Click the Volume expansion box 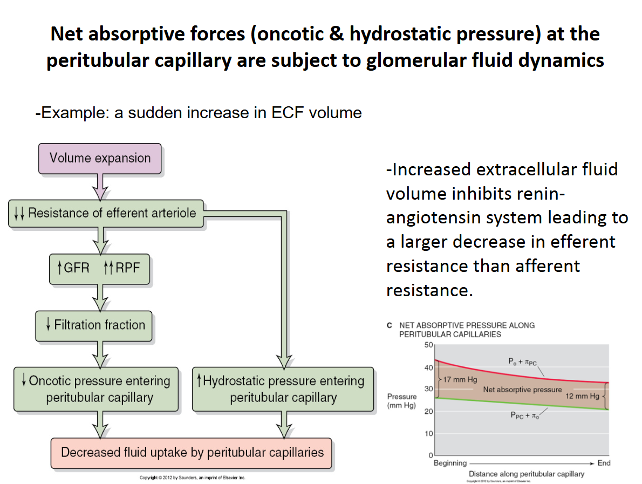point(100,158)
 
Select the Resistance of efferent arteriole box point(107,213)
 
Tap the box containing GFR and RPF point(99,268)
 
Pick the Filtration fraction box point(94,325)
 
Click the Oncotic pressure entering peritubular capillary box point(96,389)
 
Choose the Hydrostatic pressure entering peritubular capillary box point(283,389)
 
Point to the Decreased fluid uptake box point(192,452)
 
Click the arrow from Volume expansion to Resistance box point(100,186)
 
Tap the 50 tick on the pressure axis point(429,345)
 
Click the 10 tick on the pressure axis point(429,434)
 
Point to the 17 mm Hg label point(460,379)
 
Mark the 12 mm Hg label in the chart point(582,396)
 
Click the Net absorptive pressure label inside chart point(522,390)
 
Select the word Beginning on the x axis point(450,463)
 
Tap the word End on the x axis point(604,463)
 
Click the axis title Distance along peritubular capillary point(526,474)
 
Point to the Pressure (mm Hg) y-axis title point(401,401)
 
